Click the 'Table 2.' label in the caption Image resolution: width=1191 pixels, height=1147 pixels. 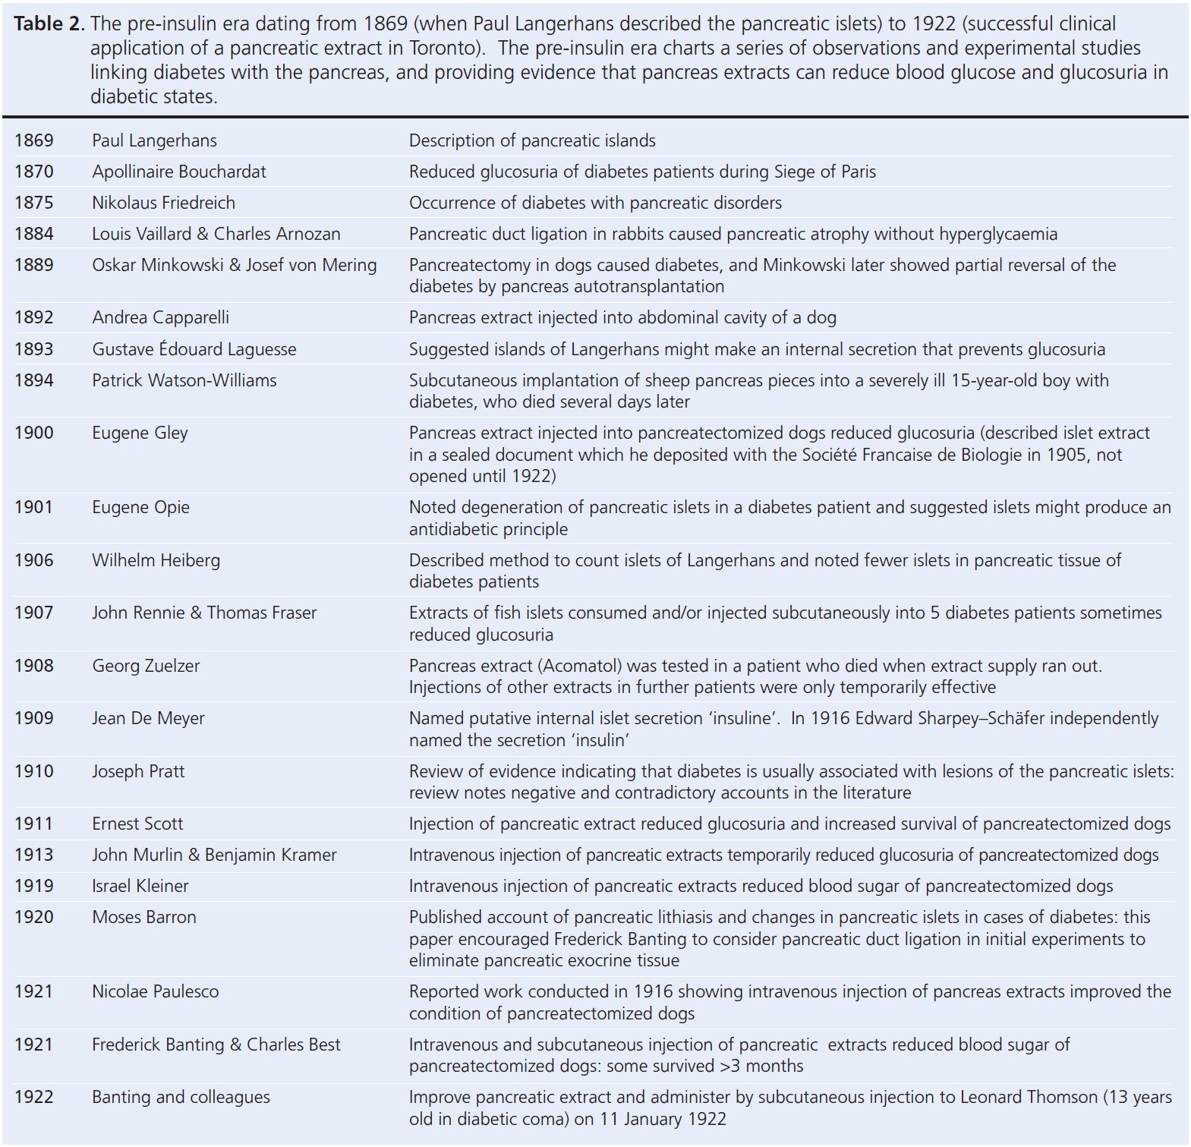tap(49, 24)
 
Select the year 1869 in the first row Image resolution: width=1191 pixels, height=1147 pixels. tap(34, 140)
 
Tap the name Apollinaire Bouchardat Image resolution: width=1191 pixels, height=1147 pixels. tap(179, 172)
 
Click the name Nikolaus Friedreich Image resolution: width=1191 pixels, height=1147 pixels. tap(163, 203)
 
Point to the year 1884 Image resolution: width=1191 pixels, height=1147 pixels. tap(34, 234)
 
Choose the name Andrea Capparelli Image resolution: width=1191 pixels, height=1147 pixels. tap(160, 317)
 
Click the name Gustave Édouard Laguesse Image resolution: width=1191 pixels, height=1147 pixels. tap(194, 349)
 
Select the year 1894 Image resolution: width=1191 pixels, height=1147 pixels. tap(34, 380)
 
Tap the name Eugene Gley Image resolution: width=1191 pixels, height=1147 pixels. tap(140, 433)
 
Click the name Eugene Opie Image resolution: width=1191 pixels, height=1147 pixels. tap(140, 507)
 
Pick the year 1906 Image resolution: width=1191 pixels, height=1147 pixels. tap(34, 560)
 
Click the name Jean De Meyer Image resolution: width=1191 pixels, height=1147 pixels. tap(148, 718)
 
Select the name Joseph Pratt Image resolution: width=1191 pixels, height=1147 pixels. tap(138, 771)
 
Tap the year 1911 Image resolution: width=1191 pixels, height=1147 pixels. tap(34, 824)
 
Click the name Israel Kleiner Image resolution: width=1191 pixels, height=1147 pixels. tap(140, 886)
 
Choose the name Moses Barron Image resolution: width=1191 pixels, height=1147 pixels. tap(144, 917)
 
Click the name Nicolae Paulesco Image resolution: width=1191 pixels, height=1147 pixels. tap(155, 991)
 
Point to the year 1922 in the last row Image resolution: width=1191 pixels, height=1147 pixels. tap(34, 1097)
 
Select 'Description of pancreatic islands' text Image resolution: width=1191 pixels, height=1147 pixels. tap(532, 140)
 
